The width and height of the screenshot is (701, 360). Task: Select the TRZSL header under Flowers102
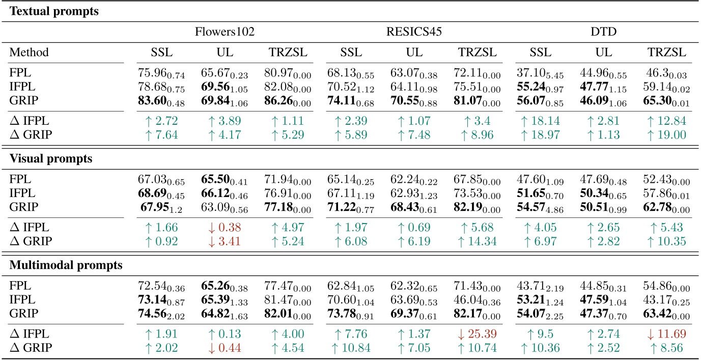click(x=284, y=53)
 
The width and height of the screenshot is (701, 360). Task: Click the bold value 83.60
click(x=157, y=101)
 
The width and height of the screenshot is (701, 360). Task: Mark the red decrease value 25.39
click(x=475, y=334)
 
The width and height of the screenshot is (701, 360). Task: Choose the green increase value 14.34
click(x=475, y=241)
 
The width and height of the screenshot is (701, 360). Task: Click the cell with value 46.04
click(x=475, y=300)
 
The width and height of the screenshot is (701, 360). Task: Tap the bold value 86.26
click(x=284, y=101)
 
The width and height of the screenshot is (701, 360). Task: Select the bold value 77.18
click(x=284, y=208)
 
